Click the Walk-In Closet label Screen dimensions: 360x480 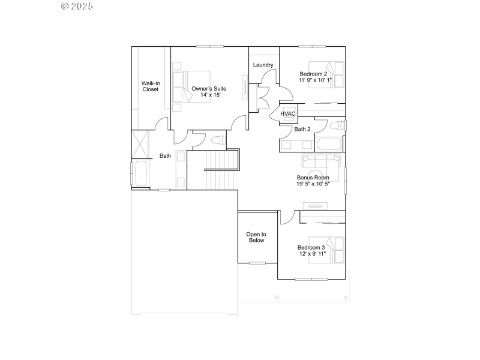click(x=150, y=86)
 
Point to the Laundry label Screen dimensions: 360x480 click(x=263, y=65)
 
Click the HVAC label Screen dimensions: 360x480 click(x=288, y=113)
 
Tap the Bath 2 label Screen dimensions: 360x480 click(x=302, y=129)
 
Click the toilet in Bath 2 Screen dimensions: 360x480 click(x=337, y=125)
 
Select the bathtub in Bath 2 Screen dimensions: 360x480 click(x=329, y=145)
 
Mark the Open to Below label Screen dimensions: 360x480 click(x=257, y=237)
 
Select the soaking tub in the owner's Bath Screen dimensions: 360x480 click(x=142, y=174)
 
